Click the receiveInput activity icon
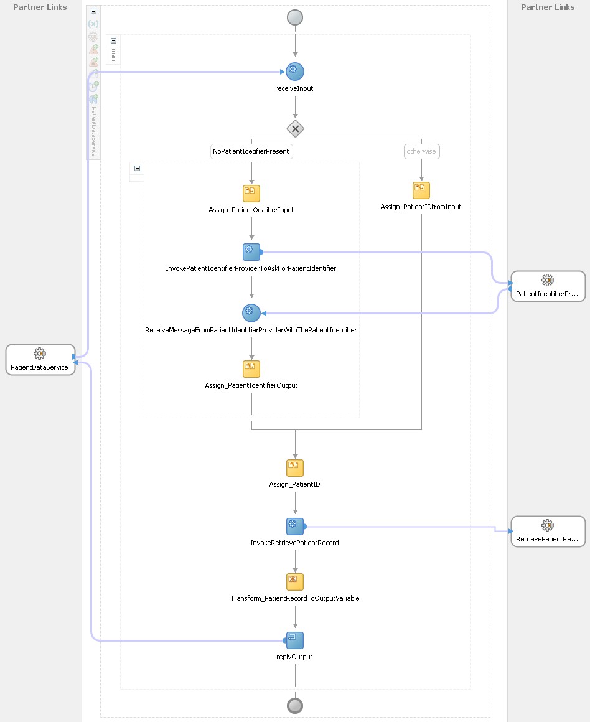click(295, 72)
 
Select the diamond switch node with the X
click(295, 129)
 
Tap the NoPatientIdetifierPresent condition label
click(251, 151)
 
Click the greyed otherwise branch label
click(421, 151)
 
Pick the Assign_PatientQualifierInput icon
click(251, 193)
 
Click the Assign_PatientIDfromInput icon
click(421, 190)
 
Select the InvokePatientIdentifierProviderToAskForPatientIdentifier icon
click(251, 251)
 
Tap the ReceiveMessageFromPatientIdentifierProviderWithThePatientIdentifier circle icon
click(251, 312)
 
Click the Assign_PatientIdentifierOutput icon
click(251, 368)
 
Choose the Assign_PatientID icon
click(295, 467)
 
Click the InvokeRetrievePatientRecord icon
click(295, 526)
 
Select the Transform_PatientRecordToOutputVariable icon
click(295, 581)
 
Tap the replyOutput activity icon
click(295, 640)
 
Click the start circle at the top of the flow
click(295, 17)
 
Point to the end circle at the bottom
click(295, 705)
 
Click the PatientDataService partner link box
click(40, 360)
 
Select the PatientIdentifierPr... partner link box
click(548, 286)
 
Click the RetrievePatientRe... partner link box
click(548, 532)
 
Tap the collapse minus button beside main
click(113, 40)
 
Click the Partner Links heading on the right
click(548, 7)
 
